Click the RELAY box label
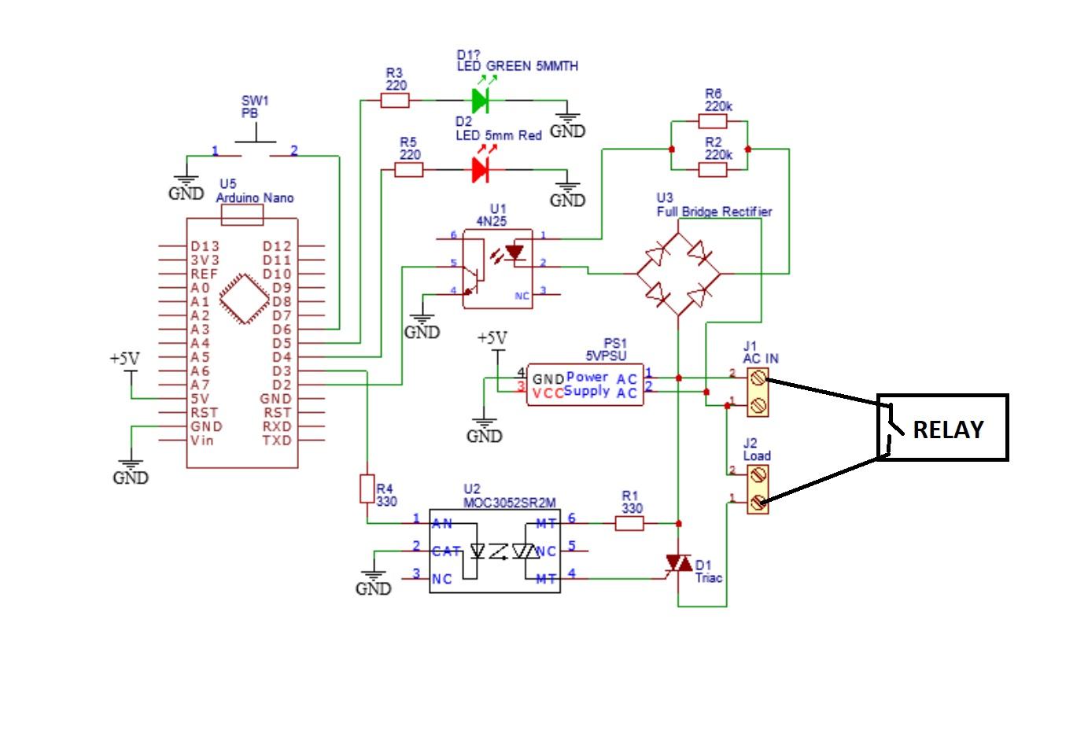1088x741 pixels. point(947,429)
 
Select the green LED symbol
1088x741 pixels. point(480,100)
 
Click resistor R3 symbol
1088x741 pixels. point(395,100)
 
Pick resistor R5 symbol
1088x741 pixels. point(408,169)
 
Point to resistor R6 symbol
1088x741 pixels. point(713,121)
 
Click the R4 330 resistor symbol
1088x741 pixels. point(367,488)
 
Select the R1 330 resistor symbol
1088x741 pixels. point(629,522)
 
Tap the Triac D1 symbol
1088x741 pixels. point(678,564)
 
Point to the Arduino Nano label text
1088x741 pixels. point(255,197)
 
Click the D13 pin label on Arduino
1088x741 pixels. point(205,246)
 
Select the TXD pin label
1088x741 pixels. point(277,440)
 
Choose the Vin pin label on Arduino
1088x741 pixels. point(201,440)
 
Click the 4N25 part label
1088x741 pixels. point(492,221)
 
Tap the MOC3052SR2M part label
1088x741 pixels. point(509,502)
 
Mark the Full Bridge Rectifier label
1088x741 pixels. point(714,212)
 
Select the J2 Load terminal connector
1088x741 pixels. point(757,488)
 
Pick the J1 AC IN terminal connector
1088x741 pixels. point(757,392)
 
